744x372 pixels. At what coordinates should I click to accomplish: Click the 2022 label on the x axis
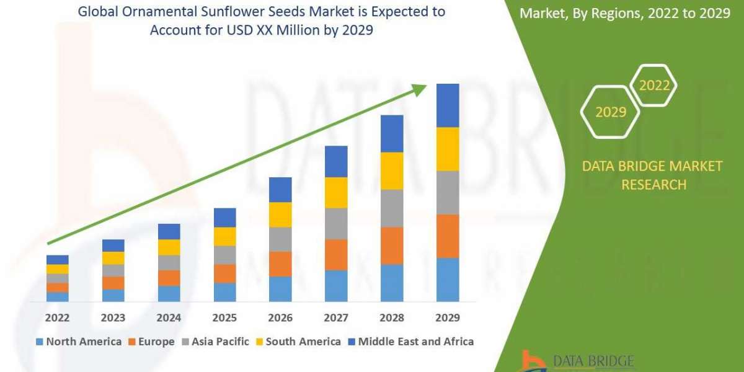point(57,318)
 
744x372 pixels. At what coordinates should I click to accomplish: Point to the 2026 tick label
point(280,318)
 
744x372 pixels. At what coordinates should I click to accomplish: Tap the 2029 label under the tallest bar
point(448,318)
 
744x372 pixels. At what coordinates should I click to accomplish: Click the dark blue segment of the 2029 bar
point(448,105)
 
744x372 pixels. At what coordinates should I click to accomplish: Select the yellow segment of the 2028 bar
point(392,170)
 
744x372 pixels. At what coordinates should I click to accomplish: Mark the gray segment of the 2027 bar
point(336,223)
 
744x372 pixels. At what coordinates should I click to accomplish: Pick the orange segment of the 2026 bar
point(280,264)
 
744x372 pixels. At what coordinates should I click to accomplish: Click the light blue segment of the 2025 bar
point(224,292)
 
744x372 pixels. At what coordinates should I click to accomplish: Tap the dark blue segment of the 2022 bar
point(57,259)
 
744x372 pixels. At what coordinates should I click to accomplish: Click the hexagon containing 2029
point(610,112)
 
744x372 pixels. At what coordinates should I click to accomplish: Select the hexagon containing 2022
point(653,86)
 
